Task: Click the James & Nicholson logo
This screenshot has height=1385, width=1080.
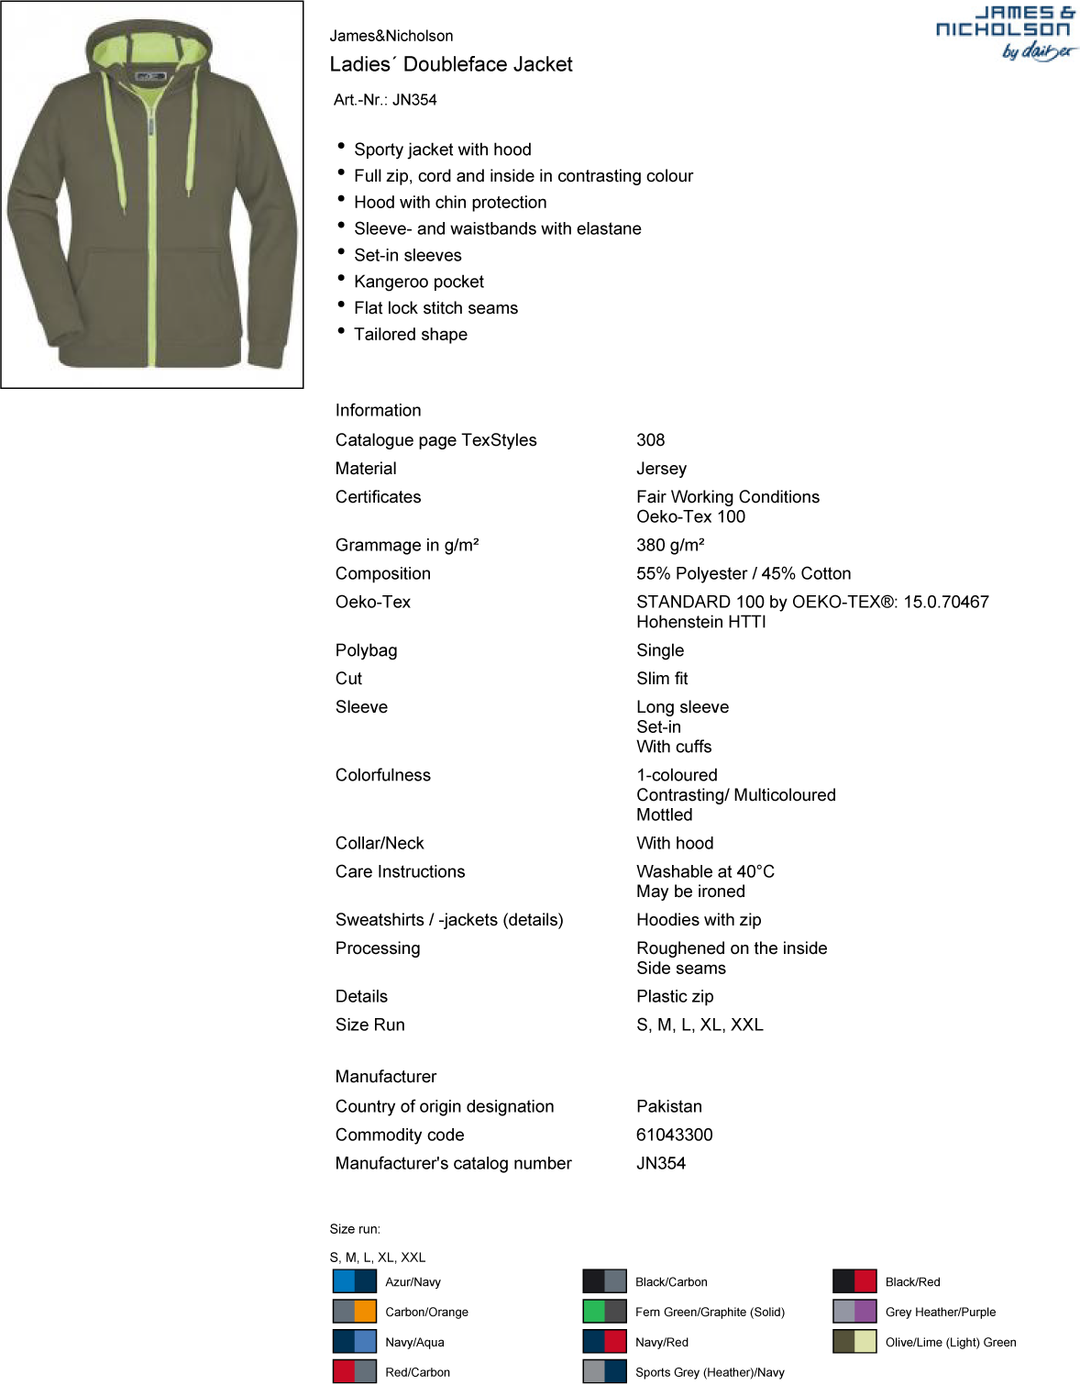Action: pos(1006,32)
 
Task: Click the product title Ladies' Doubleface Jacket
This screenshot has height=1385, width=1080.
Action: pos(451,64)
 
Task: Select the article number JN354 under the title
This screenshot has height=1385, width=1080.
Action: pos(385,100)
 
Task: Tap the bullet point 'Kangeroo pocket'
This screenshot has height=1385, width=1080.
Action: pos(419,282)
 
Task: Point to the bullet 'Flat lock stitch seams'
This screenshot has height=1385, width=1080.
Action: pos(435,308)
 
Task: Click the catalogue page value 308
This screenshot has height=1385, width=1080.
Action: pos(651,440)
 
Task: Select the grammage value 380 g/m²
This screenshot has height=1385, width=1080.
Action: pos(670,545)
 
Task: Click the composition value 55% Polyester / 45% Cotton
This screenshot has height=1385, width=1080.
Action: pos(744,573)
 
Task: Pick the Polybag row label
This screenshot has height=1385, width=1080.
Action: pos(366,650)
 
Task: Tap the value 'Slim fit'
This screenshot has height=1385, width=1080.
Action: pos(662,679)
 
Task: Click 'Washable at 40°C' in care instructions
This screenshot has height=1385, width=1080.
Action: pos(705,871)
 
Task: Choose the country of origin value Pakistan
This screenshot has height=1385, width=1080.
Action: pos(669,1106)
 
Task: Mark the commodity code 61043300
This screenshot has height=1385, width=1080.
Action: pos(674,1135)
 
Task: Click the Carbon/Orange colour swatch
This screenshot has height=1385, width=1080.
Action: pos(354,1312)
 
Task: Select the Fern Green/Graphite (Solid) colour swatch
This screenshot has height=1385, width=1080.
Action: pos(604,1312)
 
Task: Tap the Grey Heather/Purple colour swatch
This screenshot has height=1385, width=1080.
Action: pos(854,1312)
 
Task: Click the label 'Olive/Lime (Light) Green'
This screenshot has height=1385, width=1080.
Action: pos(950,1342)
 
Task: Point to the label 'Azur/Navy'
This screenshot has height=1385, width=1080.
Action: pos(413,1282)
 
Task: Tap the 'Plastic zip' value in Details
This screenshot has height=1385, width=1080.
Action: pos(675,996)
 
